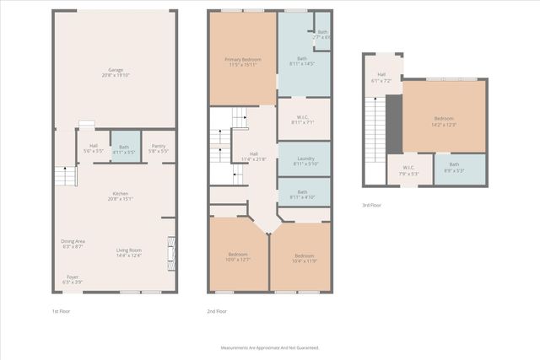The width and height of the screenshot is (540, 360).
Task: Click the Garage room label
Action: pyautogui.click(x=116, y=72)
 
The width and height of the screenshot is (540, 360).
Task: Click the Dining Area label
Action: pyautogui.click(x=73, y=244)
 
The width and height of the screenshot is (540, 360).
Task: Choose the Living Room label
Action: pyautogui.click(x=129, y=252)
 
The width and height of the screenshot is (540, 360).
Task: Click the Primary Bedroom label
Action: pyautogui.click(x=243, y=62)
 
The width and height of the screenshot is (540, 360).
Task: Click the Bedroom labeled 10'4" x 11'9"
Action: pyautogui.click(x=304, y=258)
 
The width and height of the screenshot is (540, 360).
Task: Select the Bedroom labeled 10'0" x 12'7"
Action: pyautogui.click(x=238, y=257)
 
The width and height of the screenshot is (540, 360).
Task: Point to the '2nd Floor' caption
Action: pyautogui.click(x=218, y=311)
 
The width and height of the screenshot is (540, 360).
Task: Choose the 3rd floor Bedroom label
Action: pyautogui.click(x=444, y=121)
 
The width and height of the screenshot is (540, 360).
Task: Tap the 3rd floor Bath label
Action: pyautogui.click(x=454, y=167)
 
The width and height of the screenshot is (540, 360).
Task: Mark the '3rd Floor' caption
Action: pyautogui.click(x=373, y=205)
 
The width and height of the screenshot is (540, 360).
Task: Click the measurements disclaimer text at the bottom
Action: pyautogui.click(x=270, y=347)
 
